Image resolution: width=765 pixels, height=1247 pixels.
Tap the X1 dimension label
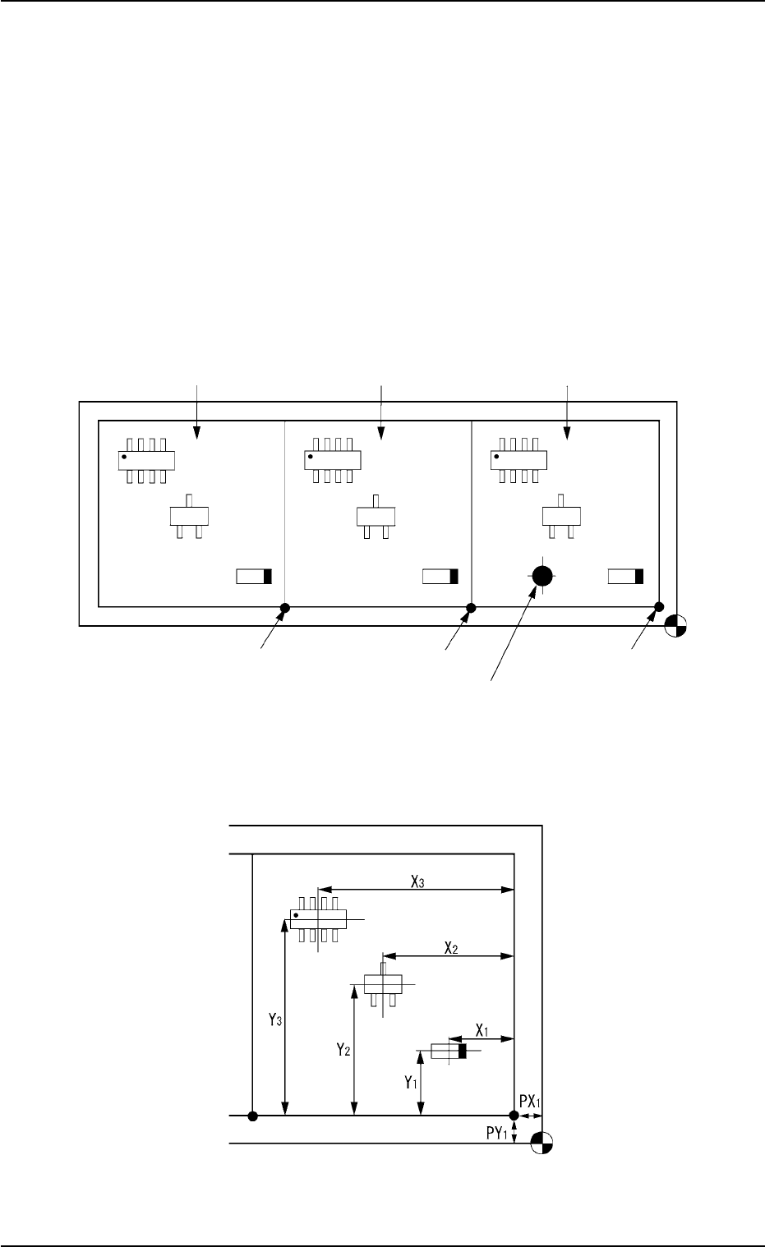(482, 1030)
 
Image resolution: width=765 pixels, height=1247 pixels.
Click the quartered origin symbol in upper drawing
(677, 626)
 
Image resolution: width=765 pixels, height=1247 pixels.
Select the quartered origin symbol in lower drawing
(541, 1143)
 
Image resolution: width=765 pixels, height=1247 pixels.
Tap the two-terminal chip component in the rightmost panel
(625, 577)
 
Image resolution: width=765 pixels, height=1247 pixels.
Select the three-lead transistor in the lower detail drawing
(382, 983)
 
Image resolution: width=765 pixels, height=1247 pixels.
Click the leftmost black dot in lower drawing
(253, 1116)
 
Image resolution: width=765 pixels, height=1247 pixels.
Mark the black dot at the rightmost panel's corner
(658, 607)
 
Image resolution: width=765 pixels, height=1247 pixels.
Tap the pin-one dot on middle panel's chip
(311, 455)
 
